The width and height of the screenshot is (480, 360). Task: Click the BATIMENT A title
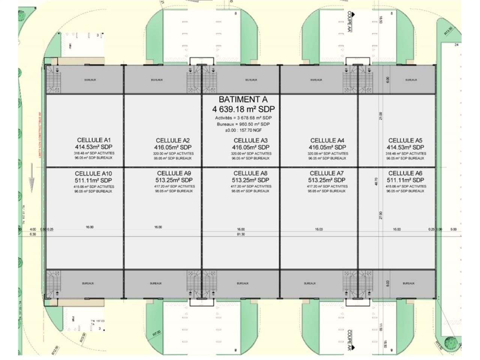point(243,99)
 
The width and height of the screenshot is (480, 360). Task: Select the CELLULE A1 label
point(94,140)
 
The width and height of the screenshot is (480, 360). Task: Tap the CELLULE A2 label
point(173,141)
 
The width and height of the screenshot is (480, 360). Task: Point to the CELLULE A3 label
point(250,141)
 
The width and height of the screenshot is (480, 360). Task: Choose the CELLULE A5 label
point(405,141)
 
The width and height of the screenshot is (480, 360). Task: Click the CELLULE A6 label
point(405,173)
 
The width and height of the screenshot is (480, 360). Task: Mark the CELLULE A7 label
point(327,173)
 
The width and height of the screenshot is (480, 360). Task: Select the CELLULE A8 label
point(250,173)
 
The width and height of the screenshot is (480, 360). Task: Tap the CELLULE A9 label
point(174,173)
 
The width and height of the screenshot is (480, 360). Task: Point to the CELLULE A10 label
point(93,174)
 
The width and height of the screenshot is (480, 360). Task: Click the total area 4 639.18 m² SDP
point(243,109)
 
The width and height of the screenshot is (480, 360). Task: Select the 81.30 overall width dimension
point(241,234)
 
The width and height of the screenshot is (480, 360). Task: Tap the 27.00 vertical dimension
point(381,215)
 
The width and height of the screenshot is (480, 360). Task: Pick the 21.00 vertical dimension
point(381,116)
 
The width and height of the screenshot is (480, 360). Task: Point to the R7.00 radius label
point(156,333)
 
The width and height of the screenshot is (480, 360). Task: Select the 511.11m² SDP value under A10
point(93,180)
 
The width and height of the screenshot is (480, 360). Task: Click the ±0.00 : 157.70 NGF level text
point(243,130)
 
